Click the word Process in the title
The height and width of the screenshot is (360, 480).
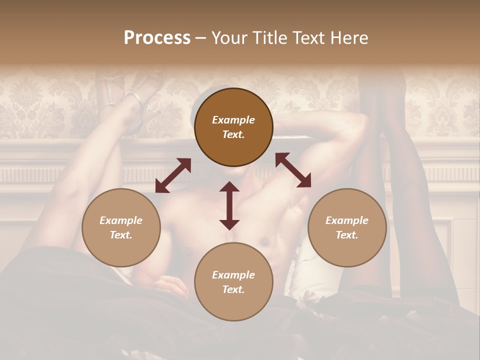(x=157, y=38)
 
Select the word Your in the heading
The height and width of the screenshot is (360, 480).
(x=227, y=38)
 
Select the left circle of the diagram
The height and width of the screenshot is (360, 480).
(x=121, y=227)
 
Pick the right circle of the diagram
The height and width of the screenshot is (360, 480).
(x=347, y=227)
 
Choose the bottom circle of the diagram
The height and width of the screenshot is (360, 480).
(x=233, y=282)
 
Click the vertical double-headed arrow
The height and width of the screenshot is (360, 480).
(x=229, y=205)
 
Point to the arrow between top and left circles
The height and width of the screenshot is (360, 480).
(x=173, y=175)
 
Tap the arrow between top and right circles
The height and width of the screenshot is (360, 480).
(x=293, y=170)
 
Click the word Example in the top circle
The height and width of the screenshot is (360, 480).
(x=233, y=120)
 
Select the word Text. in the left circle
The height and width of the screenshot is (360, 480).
(x=121, y=235)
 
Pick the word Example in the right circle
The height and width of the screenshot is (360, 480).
(x=347, y=220)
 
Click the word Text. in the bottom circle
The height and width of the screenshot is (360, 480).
(x=233, y=289)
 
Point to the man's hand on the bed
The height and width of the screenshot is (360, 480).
(x=170, y=286)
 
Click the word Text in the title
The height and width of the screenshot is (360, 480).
(x=305, y=38)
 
